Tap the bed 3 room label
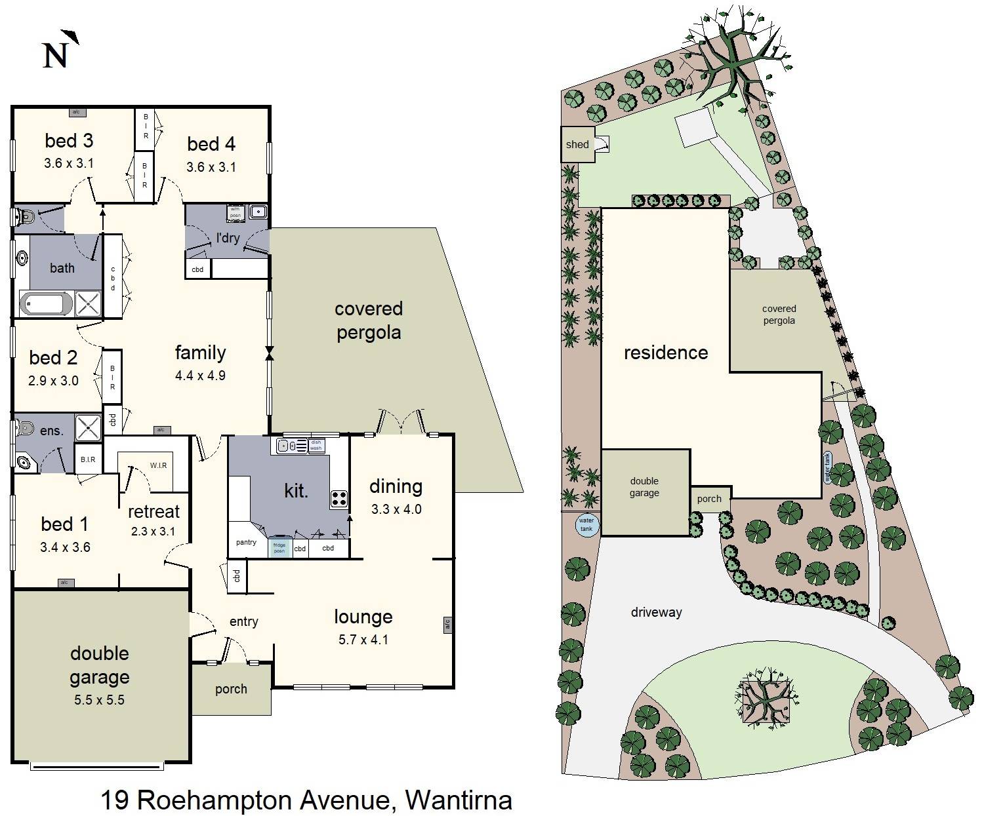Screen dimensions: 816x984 (69, 140)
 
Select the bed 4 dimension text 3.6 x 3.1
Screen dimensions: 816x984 (211, 167)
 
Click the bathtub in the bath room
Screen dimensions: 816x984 (47, 303)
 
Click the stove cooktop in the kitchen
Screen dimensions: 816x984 (338, 498)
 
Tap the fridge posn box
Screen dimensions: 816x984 (279, 547)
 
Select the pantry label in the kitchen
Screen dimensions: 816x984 (246, 542)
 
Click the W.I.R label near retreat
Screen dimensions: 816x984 (158, 465)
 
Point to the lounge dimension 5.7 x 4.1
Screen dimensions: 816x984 (363, 640)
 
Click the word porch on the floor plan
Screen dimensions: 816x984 (231, 689)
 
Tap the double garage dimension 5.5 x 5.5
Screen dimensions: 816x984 (99, 700)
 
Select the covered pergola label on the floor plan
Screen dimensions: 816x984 (369, 321)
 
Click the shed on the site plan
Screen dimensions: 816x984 (578, 144)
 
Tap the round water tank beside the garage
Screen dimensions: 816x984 (586, 524)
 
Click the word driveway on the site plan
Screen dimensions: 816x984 (656, 612)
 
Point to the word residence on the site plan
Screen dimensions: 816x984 (666, 353)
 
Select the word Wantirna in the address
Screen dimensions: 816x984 (459, 800)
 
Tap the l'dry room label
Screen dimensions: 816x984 (228, 238)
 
